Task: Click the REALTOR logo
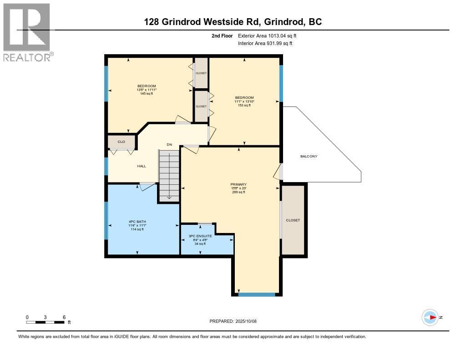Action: click(26, 32)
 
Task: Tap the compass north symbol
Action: click(430, 317)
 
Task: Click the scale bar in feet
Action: click(45, 322)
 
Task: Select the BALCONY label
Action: click(309, 156)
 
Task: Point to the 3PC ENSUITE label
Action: click(200, 236)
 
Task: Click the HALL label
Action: click(142, 166)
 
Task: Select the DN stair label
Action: click(169, 144)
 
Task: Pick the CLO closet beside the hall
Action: click(122, 142)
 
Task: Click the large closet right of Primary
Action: click(293, 220)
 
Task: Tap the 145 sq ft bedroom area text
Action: click(147, 94)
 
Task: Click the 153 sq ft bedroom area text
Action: click(244, 105)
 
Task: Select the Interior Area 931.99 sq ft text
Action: click(265, 43)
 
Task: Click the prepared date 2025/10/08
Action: click(236, 321)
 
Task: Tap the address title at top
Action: click(233, 21)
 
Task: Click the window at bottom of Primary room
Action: click(257, 294)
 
